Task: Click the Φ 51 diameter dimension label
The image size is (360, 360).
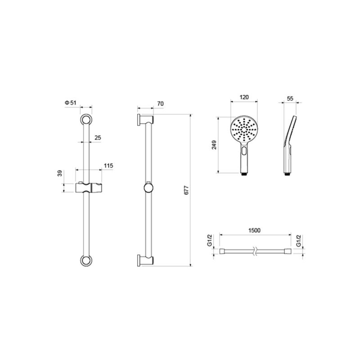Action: [71, 103]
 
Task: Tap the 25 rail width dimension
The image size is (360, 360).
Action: [98, 138]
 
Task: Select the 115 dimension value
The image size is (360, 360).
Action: [108, 166]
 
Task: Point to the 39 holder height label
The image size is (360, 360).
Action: [60, 173]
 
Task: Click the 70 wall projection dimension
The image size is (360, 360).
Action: [161, 104]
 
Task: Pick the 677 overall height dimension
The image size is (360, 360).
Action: [186, 190]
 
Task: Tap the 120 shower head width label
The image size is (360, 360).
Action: [244, 97]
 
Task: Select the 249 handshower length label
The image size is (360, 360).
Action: [214, 145]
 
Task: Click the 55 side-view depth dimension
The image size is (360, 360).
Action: [290, 98]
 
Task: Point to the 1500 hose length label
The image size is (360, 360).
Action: [254, 230]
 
